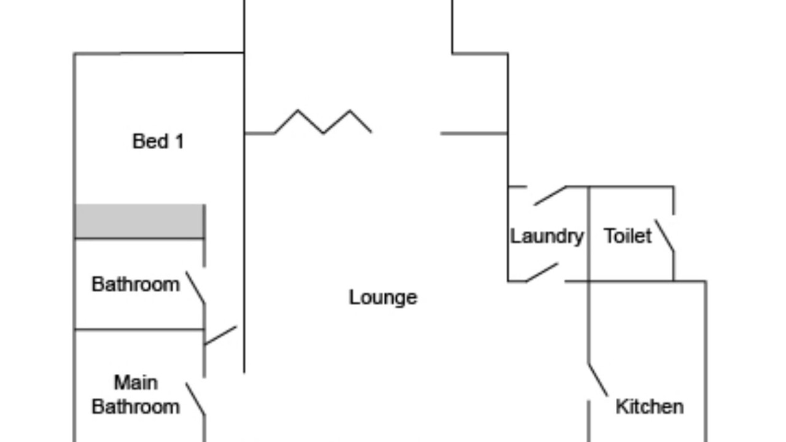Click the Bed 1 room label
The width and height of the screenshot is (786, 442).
[158, 141]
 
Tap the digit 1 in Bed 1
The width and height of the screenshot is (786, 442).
[179, 141]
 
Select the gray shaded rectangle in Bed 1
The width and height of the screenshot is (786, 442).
[139, 221]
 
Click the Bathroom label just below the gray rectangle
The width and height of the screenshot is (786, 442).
[136, 284]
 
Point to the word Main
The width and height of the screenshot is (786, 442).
[136, 382]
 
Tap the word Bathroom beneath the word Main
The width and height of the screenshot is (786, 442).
[136, 406]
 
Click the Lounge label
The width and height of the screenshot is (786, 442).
[383, 297]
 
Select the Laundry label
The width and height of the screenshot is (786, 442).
[547, 236]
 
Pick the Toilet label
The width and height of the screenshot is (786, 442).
[628, 236]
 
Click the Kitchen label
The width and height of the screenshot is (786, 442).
[649, 406]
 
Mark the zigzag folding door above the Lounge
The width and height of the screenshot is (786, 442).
[323, 122]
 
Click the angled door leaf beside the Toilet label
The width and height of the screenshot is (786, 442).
[664, 236]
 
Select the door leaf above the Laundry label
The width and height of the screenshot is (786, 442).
[550, 195]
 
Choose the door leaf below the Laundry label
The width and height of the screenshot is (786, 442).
[542, 273]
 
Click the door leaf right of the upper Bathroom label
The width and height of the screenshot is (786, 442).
[195, 288]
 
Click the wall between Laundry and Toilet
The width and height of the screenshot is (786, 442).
[589, 233]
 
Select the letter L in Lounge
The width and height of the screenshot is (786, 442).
[354, 297]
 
